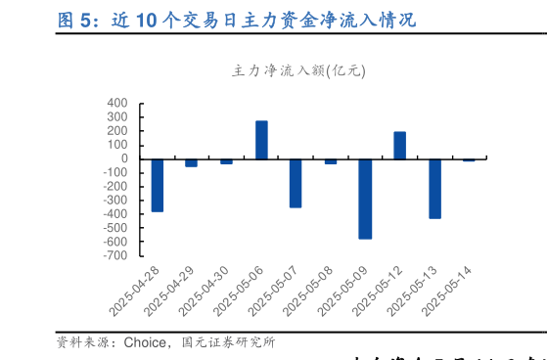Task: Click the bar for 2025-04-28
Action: click(158, 185)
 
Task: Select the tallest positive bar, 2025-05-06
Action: click(261, 140)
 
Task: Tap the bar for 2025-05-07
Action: click(296, 183)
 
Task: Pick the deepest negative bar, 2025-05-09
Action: click(365, 199)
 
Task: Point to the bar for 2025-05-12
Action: click(399, 145)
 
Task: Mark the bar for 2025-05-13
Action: click(434, 188)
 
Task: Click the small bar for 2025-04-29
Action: click(191, 162)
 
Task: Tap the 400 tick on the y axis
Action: click(117, 103)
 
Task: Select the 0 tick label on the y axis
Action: click(124, 158)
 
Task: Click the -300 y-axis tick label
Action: click(115, 200)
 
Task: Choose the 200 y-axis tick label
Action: click(117, 130)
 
